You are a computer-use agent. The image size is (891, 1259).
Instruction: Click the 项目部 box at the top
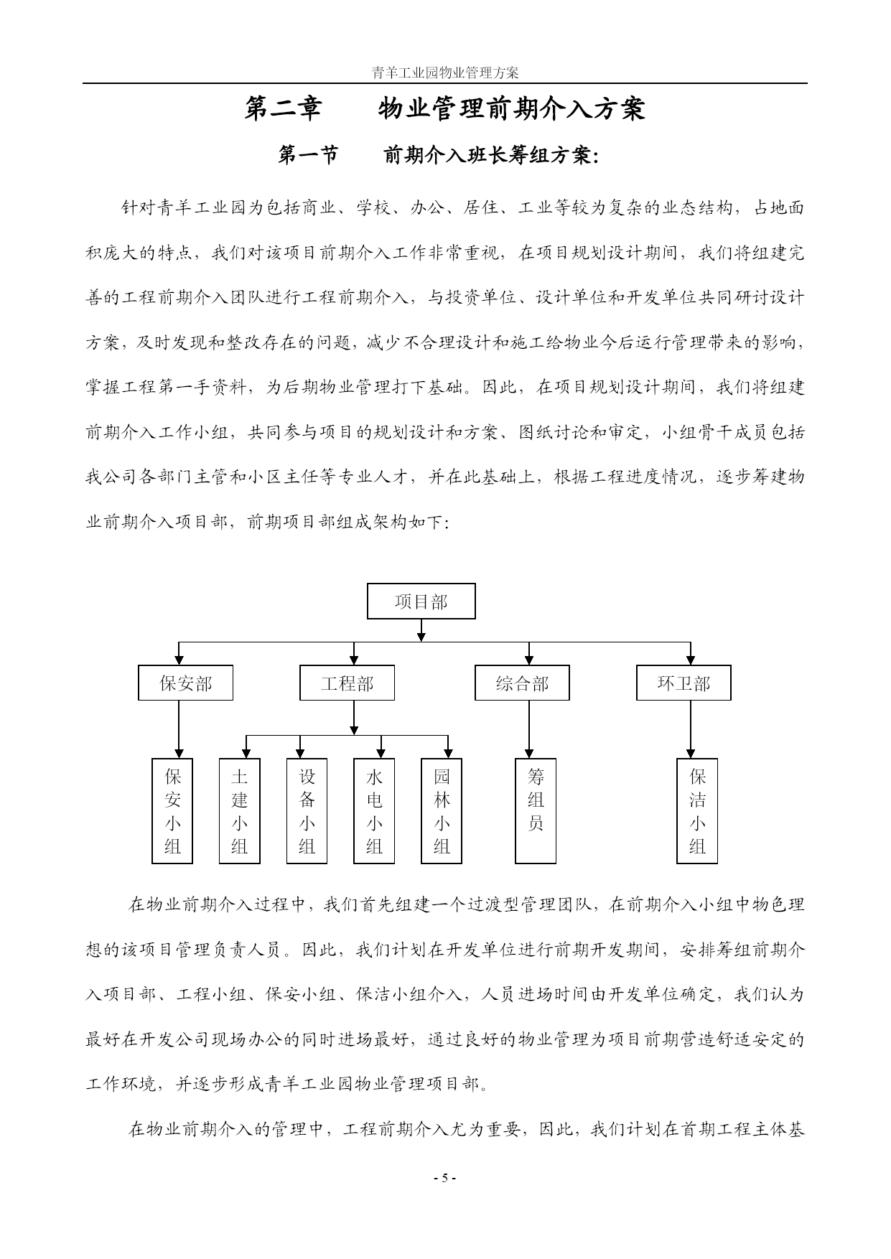(421, 602)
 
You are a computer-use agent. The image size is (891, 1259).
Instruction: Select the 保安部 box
(185, 683)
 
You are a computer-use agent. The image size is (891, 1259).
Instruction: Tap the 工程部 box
(347, 683)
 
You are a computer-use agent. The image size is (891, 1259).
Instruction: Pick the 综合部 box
(522, 683)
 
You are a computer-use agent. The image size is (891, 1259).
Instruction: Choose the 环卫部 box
(684, 683)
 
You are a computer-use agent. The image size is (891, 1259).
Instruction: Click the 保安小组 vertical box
(172, 811)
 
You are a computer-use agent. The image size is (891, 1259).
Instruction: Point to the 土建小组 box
(240, 811)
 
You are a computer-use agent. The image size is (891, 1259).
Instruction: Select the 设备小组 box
(307, 811)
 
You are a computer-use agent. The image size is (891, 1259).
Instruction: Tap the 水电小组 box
(374, 811)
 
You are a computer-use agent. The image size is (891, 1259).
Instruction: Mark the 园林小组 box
(442, 811)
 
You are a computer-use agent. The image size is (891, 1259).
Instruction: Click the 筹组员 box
(536, 811)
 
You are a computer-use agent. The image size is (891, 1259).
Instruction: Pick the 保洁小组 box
(697, 811)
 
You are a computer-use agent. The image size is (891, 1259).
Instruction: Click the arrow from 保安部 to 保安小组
(179, 729)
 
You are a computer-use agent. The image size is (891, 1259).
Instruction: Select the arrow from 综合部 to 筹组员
(529, 729)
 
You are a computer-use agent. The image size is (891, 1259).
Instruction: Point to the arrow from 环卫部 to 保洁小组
(691, 729)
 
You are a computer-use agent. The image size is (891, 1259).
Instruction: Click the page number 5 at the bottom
(444, 1178)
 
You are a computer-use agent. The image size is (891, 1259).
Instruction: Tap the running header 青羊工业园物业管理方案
(445, 72)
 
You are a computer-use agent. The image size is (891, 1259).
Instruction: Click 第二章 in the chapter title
(284, 108)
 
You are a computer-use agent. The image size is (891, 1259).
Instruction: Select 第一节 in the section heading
(308, 155)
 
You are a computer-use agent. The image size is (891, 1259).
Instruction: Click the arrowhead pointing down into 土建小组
(246, 754)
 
